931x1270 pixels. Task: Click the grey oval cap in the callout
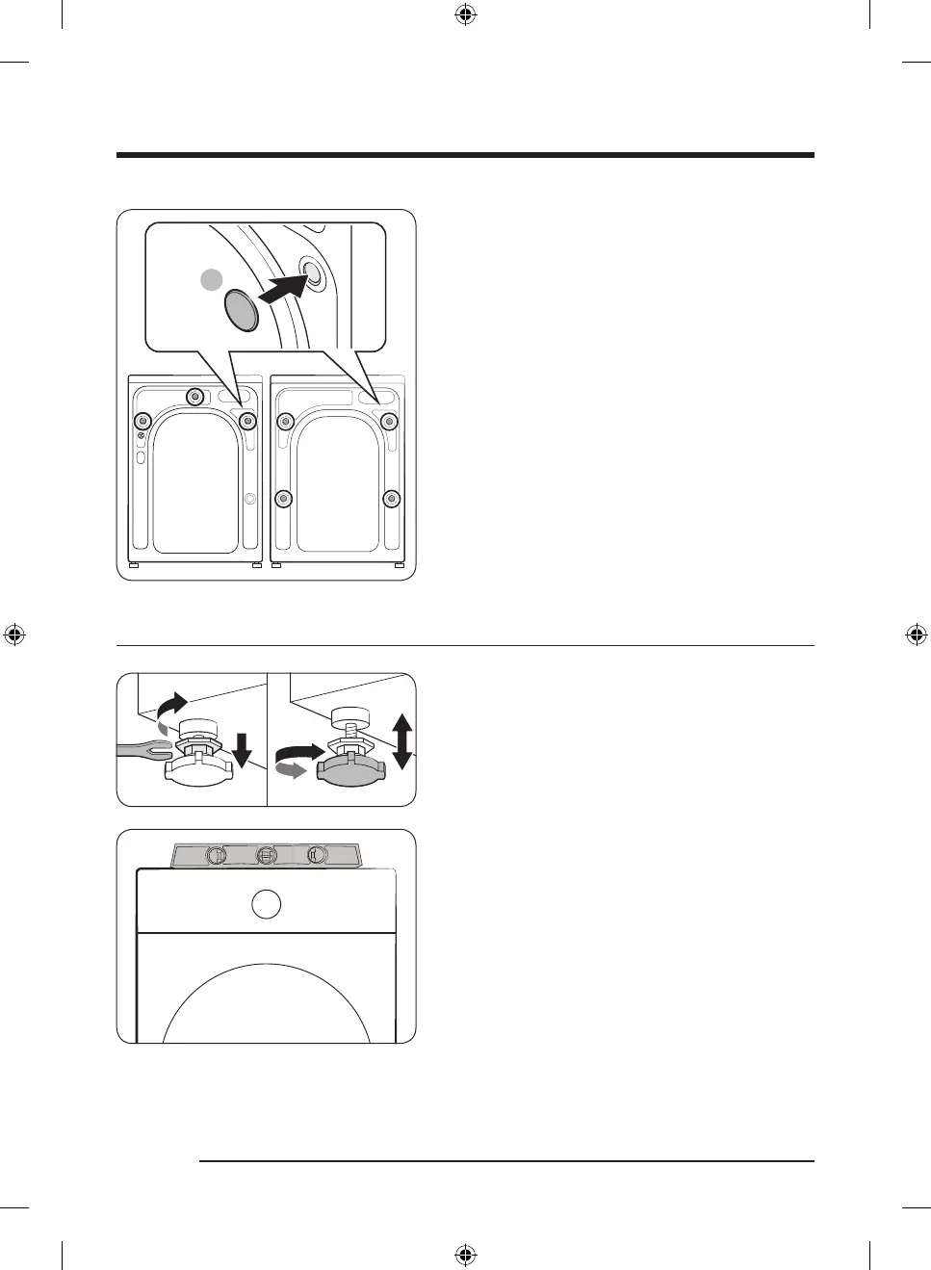[x=242, y=311]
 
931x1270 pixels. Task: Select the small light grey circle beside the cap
[x=212, y=280]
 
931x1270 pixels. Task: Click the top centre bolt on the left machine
[x=195, y=396]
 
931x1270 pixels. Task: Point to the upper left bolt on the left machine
[x=142, y=421]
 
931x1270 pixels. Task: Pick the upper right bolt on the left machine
[x=247, y=421]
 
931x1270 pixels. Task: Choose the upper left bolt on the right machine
[x=284, y=421]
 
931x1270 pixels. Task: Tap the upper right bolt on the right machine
[x=390, y=421]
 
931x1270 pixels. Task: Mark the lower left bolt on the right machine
[x=283, y=498]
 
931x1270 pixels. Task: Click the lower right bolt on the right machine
[x=390, y=498]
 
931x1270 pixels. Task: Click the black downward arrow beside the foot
[x=242, y=749]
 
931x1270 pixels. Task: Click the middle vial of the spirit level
[x=267, y=855]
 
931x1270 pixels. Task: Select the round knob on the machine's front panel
[x=266, y=904]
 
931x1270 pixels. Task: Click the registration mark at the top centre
[x=465, y=14]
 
